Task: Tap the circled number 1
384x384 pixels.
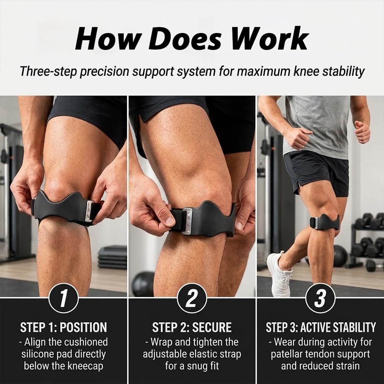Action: click(x=64, y=298)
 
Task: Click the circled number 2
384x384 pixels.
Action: click(x=192, y=298)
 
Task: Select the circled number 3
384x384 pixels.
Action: click(x=320, y=298)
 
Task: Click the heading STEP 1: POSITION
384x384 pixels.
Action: click(x=64, y=327)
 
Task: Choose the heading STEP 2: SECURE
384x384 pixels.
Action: click(x=192, y=327)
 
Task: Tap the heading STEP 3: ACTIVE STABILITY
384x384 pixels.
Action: click(x=321, y=327)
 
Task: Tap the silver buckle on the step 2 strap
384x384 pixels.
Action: click(x=188, y=221)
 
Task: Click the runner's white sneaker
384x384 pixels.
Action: click(x=279, y=273)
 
